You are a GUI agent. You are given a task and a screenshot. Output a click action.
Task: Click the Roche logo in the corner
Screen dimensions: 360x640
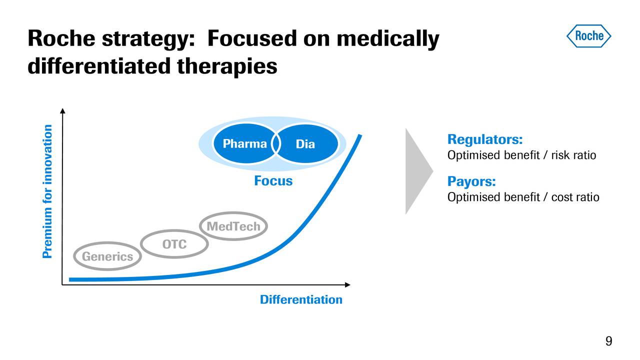[588, 36]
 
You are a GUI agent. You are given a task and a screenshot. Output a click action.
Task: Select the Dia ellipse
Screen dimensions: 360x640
[305, 144]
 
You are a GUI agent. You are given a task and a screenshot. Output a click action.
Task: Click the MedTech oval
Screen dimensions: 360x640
[233, 227]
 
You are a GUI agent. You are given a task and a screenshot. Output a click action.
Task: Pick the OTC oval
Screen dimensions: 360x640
[174, 244]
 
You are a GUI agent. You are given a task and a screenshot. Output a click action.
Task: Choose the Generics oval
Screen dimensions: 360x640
[107, 256]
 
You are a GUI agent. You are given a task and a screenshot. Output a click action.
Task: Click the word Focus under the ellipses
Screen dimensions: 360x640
[273, 180]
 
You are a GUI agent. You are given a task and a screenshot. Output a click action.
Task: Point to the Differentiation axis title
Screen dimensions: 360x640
[301, 299]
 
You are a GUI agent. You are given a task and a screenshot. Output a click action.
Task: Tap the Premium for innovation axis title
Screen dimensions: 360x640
[47, 191]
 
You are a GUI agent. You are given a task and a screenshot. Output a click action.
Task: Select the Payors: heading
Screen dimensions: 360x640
[471, 180]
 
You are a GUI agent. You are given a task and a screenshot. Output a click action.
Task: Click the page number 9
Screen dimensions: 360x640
[608, 341]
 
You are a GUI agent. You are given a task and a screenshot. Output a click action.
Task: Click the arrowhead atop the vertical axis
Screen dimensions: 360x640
[62, 111]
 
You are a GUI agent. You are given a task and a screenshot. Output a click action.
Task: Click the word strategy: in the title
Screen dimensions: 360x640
[147, 38]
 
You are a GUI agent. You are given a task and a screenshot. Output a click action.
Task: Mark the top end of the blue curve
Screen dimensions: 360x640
[359, 135]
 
